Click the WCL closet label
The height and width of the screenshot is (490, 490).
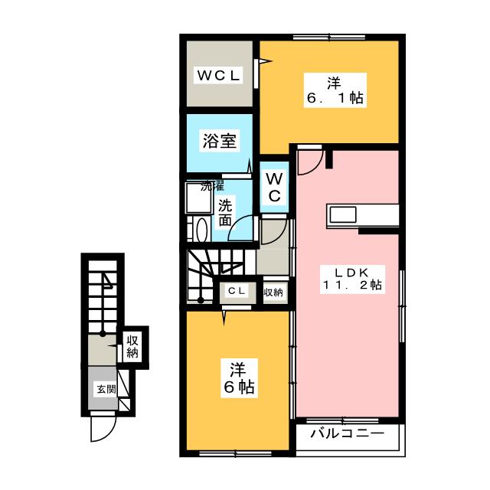tap(218, 75)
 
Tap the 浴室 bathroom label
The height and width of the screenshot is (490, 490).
tap(218, 141)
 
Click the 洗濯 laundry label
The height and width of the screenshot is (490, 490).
tap(212, 186)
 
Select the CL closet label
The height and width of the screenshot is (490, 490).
tap(237, 292)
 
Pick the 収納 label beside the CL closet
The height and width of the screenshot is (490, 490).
tap(273, 292)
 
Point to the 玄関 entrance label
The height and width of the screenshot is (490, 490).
tap(105, 389)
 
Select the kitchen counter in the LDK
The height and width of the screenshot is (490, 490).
tap(363, 214)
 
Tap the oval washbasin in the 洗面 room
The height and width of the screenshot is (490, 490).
tap(201, 230)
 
